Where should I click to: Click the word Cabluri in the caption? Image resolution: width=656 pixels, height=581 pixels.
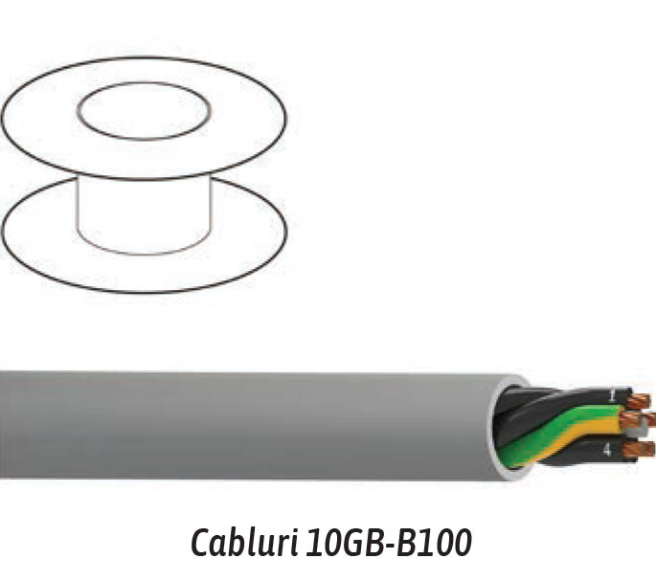(245, 542)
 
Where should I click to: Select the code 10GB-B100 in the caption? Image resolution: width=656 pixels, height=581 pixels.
(389, 543)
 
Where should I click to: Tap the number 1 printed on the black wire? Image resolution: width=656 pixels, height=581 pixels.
(613, 395)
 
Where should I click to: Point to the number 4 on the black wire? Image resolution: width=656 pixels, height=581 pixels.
(607, 450)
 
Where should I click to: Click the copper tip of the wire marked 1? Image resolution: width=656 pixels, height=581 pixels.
(639, 401)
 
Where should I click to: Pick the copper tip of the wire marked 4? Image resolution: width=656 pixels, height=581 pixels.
(638, 450)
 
